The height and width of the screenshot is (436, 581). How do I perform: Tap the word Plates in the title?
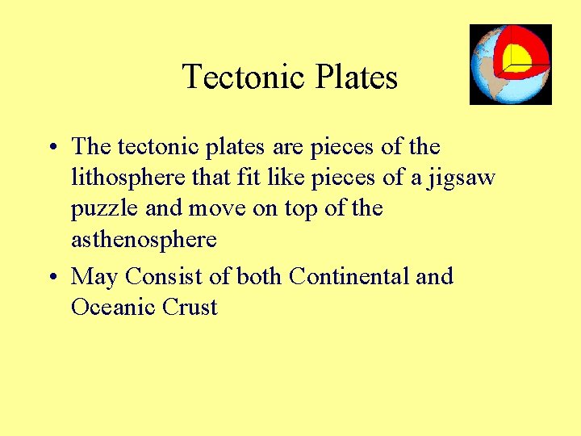(356, 78)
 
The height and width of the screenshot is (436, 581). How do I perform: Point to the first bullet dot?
(51, 148)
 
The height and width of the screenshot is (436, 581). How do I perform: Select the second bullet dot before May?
(51, 278)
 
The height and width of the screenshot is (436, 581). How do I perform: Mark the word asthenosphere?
(144, 240)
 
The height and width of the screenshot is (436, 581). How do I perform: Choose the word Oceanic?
(108, 308)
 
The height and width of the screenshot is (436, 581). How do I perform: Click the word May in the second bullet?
(94, 278)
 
